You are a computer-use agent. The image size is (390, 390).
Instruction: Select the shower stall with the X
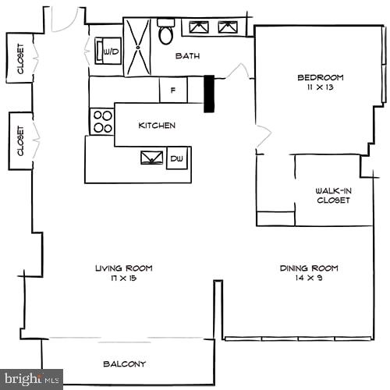pos(138,46)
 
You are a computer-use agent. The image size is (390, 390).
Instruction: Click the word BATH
pos(187,55)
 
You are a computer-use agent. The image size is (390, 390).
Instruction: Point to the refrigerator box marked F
pos(172,90)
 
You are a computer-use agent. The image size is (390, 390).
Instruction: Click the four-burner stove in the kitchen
pos(102,121)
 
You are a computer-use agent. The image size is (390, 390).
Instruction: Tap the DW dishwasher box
pos(176,158)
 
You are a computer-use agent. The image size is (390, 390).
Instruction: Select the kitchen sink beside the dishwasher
pos(151,158)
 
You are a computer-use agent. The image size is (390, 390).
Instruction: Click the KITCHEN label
pos(157,126)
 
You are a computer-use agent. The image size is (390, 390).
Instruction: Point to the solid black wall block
pos(209,94)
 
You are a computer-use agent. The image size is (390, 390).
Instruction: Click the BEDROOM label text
pos(320,76)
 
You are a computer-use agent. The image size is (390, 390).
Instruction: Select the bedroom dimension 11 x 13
pos(320,87)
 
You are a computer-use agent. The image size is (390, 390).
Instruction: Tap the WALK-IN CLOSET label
pos(332,195)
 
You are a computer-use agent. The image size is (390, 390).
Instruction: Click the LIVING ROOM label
pos(124,268)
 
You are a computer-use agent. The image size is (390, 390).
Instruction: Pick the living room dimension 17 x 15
pos(124,278)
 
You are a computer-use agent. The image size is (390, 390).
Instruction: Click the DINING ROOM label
pos(309,268)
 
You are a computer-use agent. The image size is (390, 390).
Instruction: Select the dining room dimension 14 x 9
pos(309,278)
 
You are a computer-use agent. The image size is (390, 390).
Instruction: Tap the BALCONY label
pos(124,363)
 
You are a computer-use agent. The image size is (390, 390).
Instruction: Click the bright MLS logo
pos(31,380)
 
